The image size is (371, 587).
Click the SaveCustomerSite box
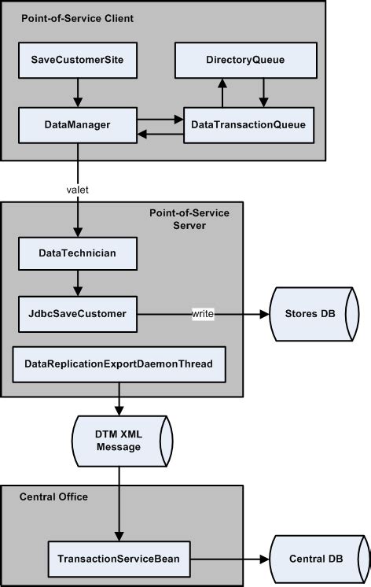pyautogui.click(x=77, y=60)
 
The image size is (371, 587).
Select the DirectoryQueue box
pyautogui.click(x=245, y=60)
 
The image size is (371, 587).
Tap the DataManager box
pyautogui.click(x=77, y=124)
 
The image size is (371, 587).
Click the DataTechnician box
pyautogui.click(x=77, y=253)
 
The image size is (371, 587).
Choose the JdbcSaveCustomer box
pyautogui.click(x=77, y=314)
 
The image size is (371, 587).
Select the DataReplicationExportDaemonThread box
pyautogui.click(x=118, y=364)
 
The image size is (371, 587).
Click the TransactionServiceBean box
pyautogui.click(x=118, y=559)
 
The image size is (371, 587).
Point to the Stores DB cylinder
pyautogui.click(x=314, y=314)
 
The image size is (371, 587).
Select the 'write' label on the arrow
pyautogui.click(x=203, y=314)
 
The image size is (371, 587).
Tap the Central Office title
pyautogui.click(x=55, y=497)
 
